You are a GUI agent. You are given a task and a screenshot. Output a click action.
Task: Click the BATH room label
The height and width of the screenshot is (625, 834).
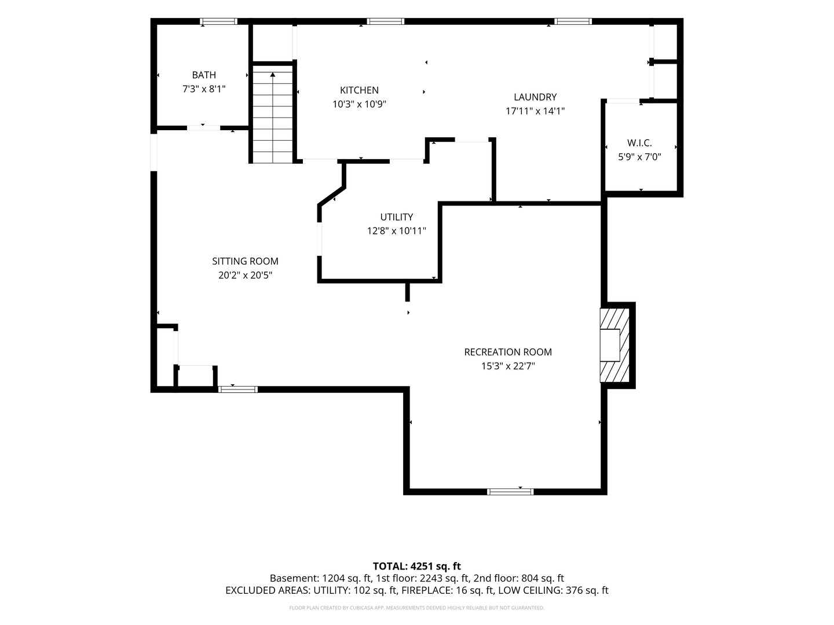[x=204, y=75]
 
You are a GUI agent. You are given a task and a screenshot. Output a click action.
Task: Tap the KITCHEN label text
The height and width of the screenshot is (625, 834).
[x=359, y=90]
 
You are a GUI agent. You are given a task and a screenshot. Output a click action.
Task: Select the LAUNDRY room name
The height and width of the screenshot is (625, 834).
[x=535, y=97]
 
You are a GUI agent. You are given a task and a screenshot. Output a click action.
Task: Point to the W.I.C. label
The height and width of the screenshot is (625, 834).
[x=639, y=143]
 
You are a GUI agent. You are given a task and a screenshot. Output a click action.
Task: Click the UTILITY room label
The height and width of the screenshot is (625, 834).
[x=396, y=216]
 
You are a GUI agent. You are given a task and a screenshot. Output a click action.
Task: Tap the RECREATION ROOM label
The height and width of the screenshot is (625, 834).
[x=508, y=352]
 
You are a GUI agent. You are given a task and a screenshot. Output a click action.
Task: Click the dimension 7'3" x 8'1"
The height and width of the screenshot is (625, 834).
[x=204, y=89]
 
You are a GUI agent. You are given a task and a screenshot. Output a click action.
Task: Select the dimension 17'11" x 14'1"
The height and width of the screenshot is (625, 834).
[x=535, y=111]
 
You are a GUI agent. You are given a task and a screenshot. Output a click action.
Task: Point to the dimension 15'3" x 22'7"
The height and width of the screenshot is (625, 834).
[x=508, y=366]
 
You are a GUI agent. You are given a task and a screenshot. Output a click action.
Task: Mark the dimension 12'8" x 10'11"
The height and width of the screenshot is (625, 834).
[x=396, y=231]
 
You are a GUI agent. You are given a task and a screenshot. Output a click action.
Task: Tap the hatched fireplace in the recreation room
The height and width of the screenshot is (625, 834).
[x=614, y=345]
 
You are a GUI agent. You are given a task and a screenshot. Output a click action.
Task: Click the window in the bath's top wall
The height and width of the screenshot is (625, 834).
[x=218, y=21]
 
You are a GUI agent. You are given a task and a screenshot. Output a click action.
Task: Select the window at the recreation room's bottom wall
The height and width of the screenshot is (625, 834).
[x=510, y=492]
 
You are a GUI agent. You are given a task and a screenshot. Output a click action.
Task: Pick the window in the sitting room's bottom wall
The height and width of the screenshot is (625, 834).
[x=238, y=389]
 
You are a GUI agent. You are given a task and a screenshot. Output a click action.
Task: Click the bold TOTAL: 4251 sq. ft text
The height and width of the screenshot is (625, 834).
[x=417, y=566]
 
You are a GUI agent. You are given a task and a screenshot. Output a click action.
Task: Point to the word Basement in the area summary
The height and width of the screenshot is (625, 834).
[x=294, y=578]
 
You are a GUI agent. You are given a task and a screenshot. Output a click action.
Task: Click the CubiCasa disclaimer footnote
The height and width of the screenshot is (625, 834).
[x=417, y=608]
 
